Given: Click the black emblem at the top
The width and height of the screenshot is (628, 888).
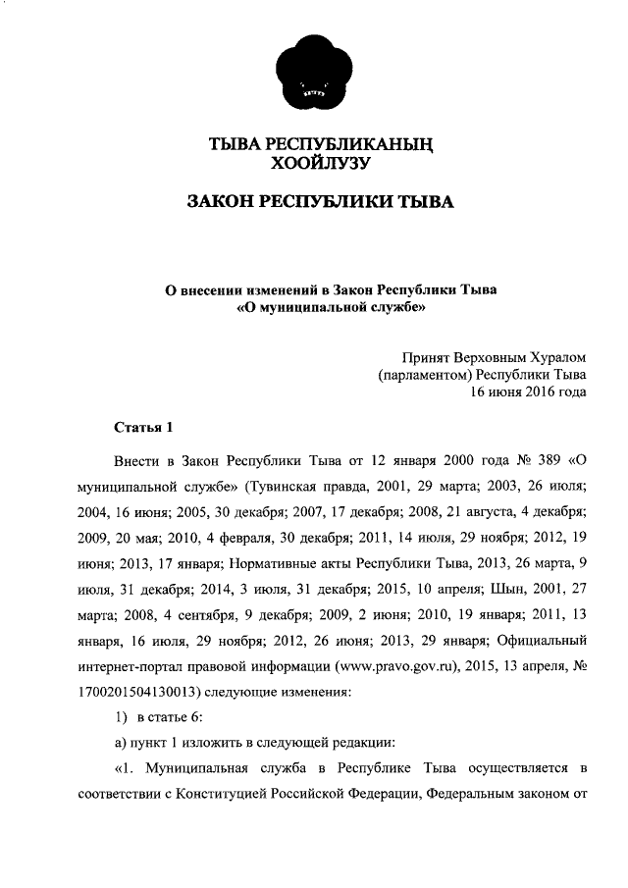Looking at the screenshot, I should (314, 75).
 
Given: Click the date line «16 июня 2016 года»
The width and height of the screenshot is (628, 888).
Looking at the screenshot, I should (528, 392).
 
